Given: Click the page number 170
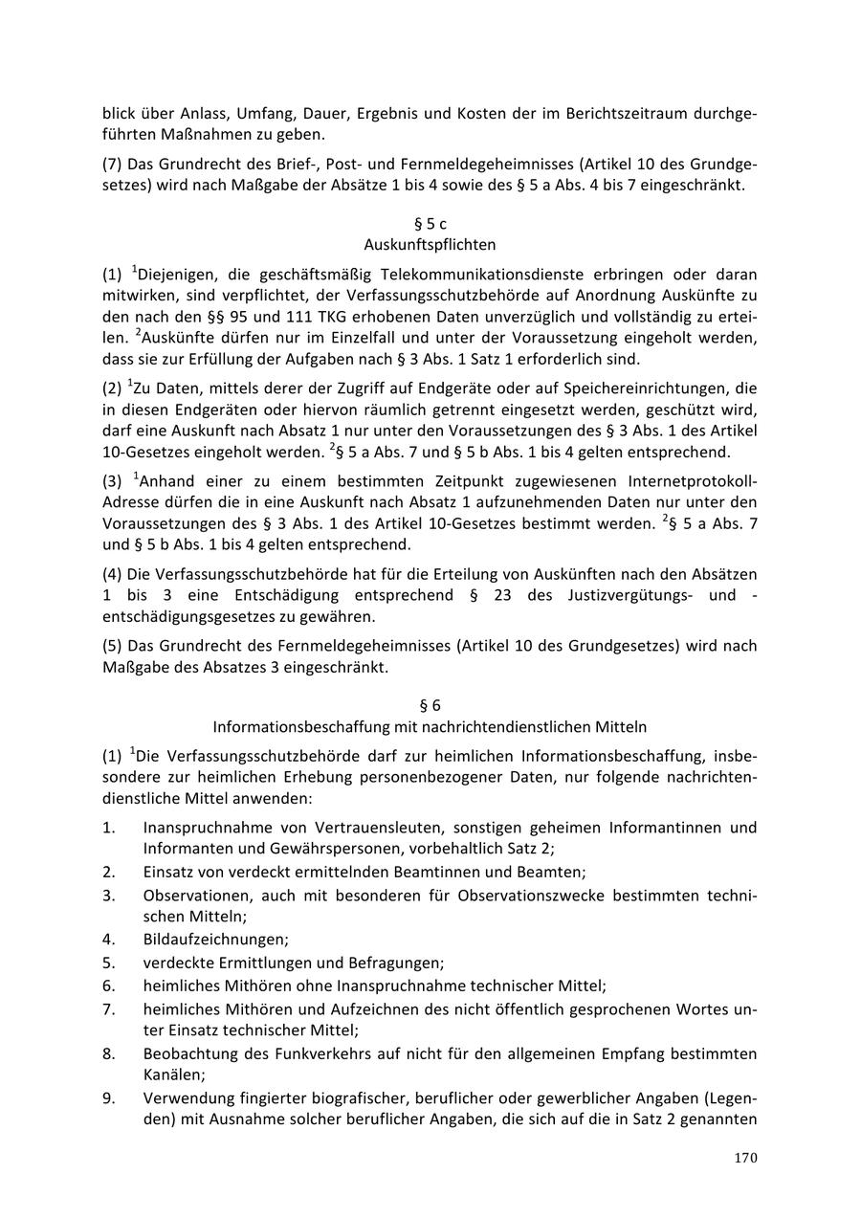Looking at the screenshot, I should click(746, 1158).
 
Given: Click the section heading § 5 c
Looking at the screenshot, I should click(430, 224).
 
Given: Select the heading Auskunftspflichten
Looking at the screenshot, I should click(430, 245).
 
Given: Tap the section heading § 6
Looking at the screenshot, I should click(430, 705).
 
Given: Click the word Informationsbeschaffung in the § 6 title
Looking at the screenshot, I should click(290, 727).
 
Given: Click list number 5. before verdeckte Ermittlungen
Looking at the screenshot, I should click(109, 963).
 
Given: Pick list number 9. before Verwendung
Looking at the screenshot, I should click(109, 1097).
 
